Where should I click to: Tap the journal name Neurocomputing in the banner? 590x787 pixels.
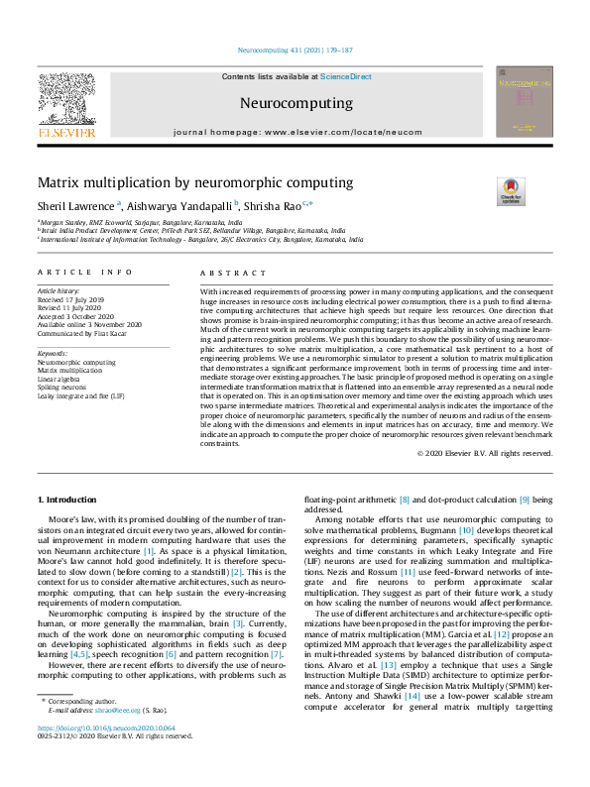tap(295, 103)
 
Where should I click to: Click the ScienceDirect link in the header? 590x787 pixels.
tap(345, 76)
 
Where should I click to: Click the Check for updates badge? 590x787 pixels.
tap(510, 191)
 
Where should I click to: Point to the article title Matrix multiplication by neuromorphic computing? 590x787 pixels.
tap(195, 182)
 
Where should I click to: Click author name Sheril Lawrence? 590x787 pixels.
tap(75, 205)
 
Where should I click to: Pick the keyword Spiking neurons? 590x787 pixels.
tap(61, 387)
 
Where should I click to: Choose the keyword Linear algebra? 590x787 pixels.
tap(59, 379)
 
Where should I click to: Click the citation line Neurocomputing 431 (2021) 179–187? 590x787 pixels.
tap(295, 50)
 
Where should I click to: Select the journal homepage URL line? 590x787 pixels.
tap(295, 132)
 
